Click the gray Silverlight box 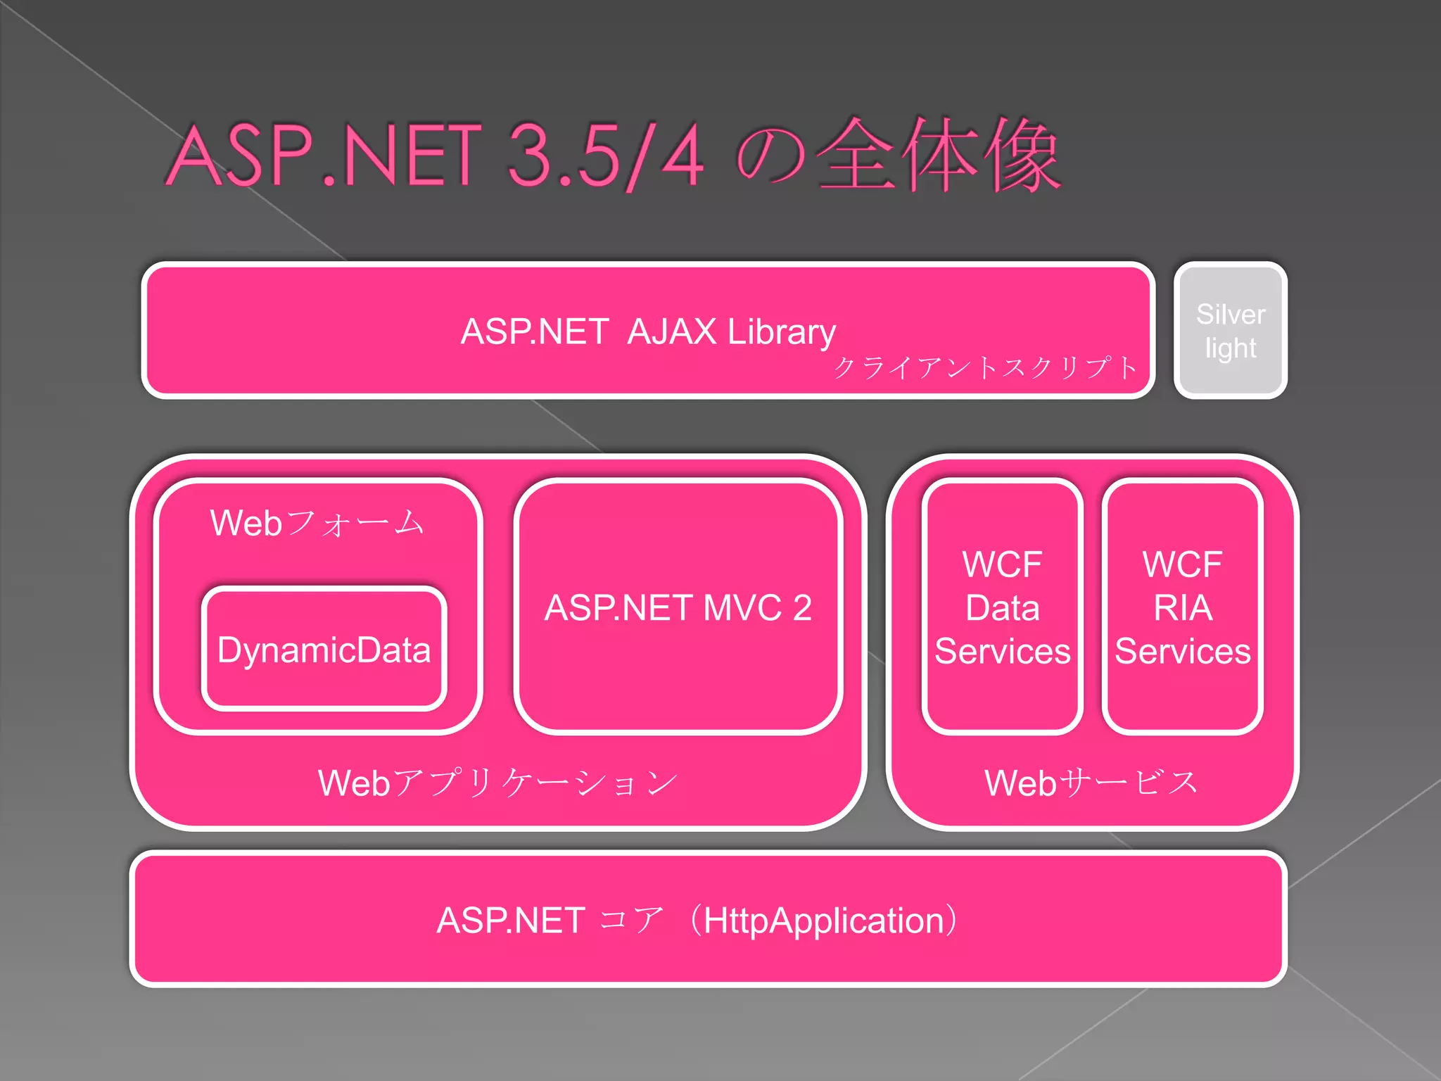click(x=1230, y=331)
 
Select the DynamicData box click(x=324, y=649)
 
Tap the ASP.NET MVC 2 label click(x=678, y=607)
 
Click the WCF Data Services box click(x=1002, y=607)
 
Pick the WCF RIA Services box click(x=1182, y=607)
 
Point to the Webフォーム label click(x=317, y=523)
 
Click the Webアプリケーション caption click(x=497, y=783)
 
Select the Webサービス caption click(x=1091, y=783)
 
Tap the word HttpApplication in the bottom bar click(x=823, y=921)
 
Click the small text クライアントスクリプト click(x=985, y=367)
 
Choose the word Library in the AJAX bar click(x=781, y=331)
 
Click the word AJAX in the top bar click(x=671, y=331)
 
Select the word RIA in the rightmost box click(x=1183, y=607)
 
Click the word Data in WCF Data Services click(x=1002, y=607)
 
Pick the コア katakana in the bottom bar click(x=632, y=921)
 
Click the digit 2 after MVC click(x=802, y=607)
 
